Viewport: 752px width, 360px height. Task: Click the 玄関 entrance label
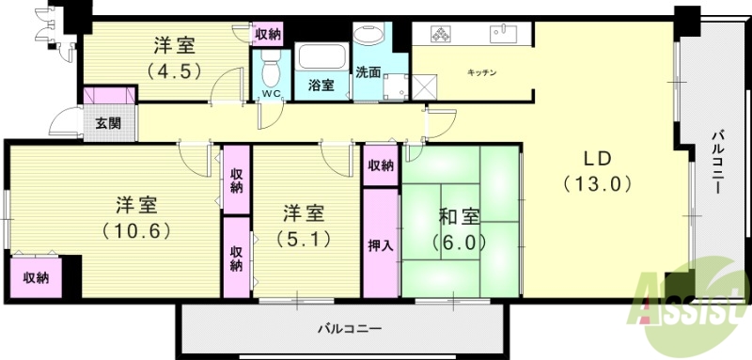pos(102,122)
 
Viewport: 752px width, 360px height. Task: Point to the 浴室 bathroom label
pos(321,86)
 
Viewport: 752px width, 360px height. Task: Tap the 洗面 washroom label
pos(368,72)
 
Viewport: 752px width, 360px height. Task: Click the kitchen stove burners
pos(442,35)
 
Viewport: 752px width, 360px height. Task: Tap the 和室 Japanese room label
pos(460,215)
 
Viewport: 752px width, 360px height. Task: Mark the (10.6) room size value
pos(135,228)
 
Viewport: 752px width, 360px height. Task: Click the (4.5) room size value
pos(174,70)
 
